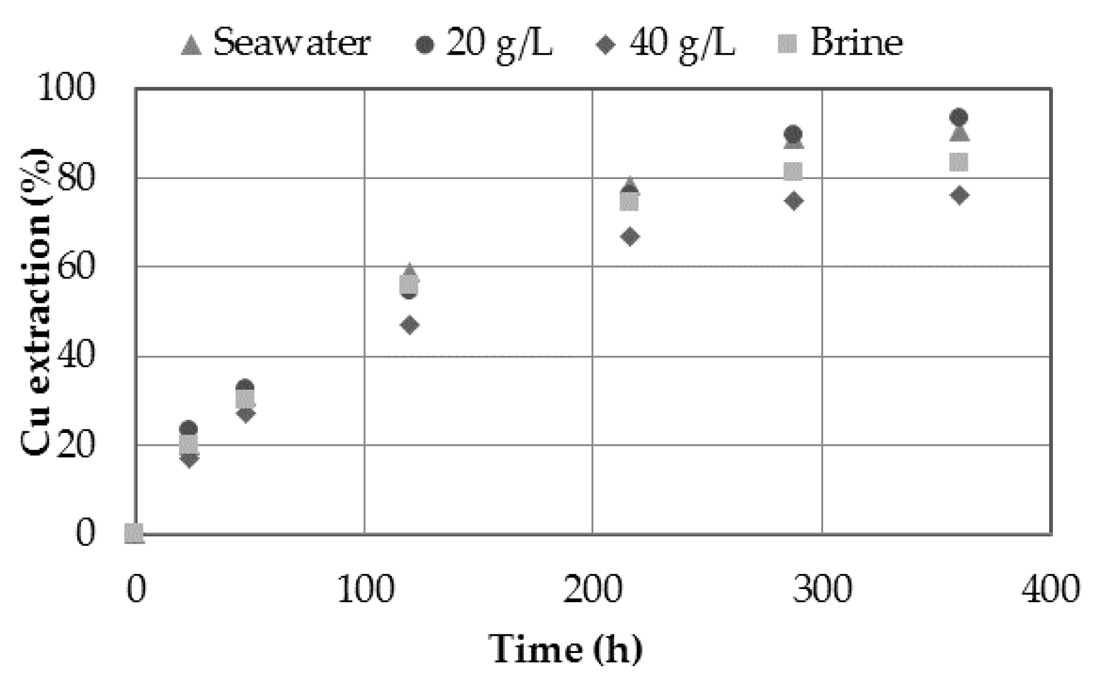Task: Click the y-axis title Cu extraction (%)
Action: (36, 302)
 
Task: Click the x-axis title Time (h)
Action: (565, 649)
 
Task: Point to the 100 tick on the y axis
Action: (65, 89)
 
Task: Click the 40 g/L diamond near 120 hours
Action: (409, 325)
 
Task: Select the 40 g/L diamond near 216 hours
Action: (630, 237)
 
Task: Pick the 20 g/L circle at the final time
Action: (958, 117)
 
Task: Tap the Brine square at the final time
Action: (958, 162)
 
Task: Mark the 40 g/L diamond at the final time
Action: (959, 196)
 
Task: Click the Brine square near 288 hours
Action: (793, 172)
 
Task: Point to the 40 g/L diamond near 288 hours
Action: (794, 201)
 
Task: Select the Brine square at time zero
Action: (134, 533)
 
